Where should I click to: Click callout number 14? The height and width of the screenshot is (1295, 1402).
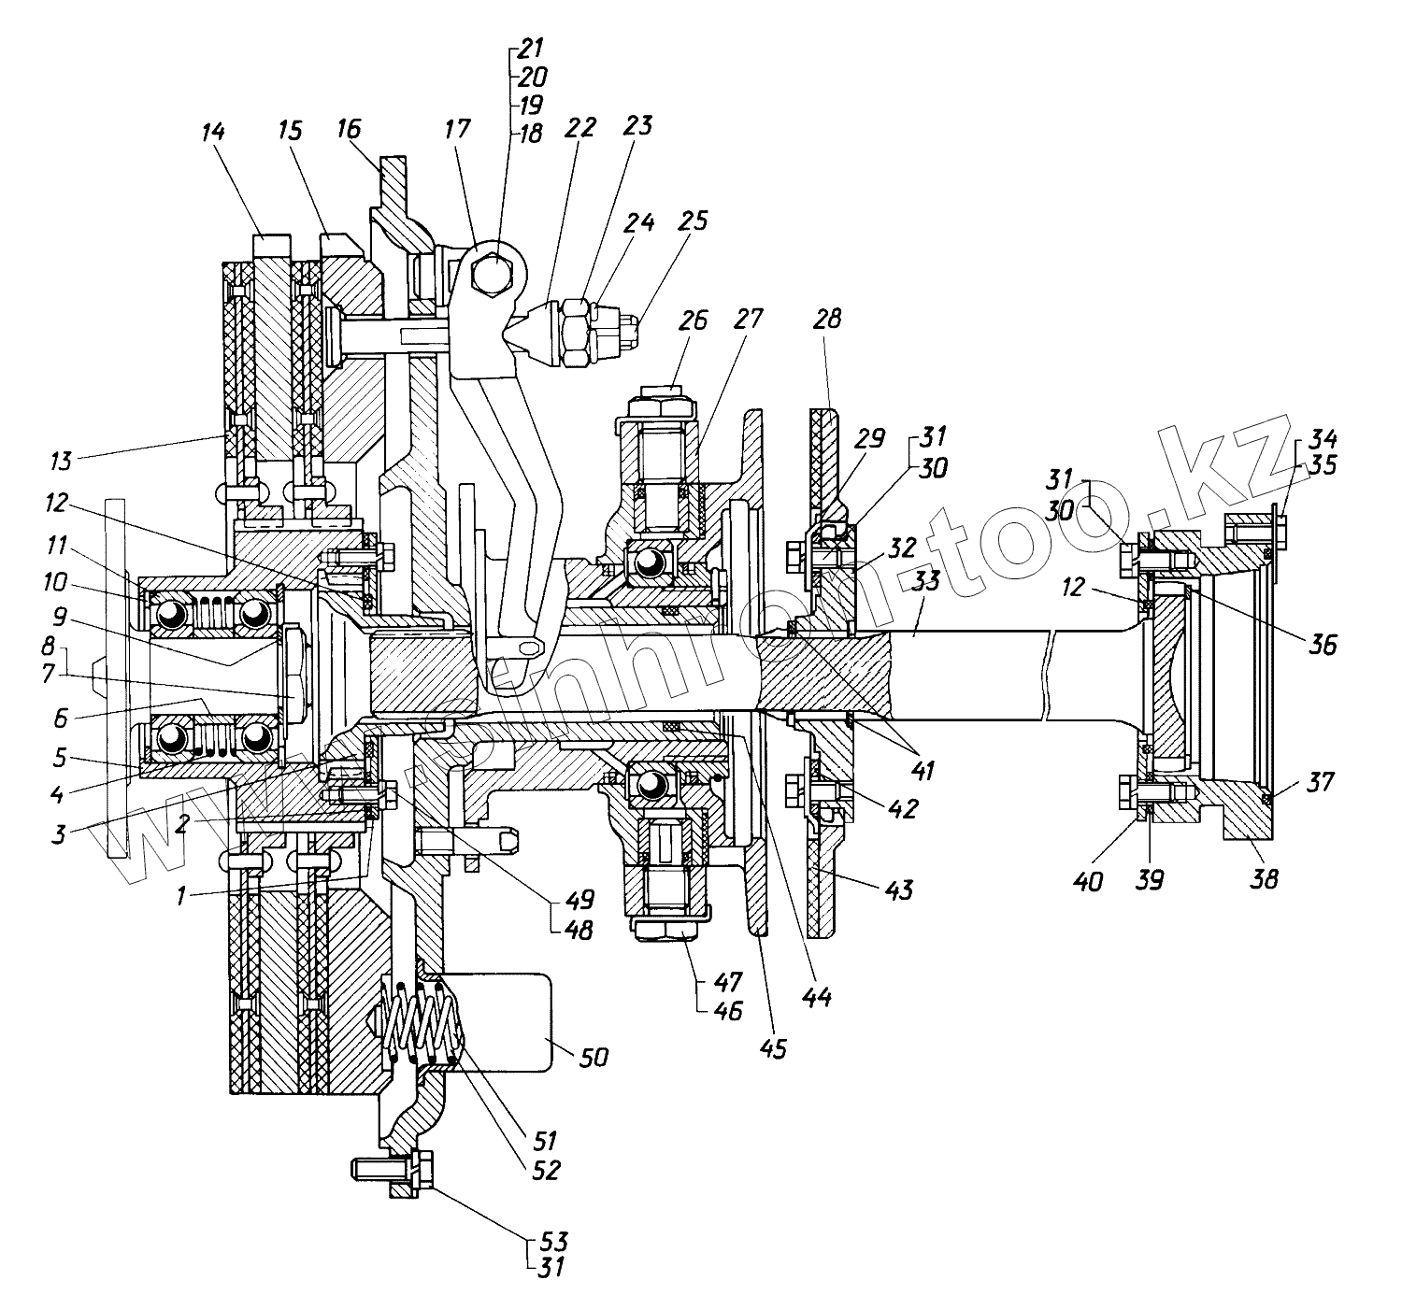click(213, 133)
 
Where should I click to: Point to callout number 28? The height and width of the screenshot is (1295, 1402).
click(827, 320)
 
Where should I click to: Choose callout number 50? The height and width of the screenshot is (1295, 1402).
click(594, 1057)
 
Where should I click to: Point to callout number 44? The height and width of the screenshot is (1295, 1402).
click(819, 996)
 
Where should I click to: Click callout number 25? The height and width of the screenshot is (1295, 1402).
click(694, 221)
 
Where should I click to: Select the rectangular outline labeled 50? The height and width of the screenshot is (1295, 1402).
click(505, 1022)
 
